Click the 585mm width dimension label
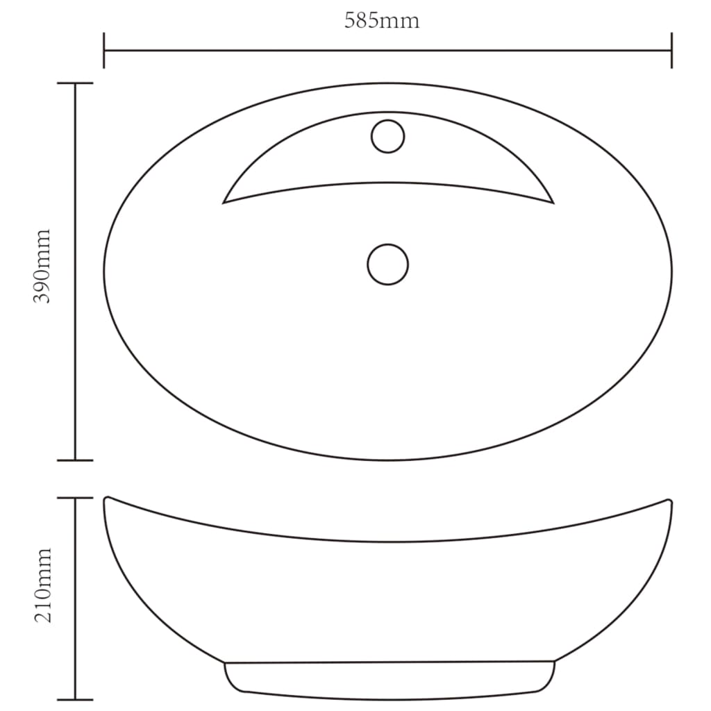[x=382, y=21]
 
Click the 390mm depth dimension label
[x=43, y=267]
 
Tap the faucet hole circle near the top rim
[x=387, y=136]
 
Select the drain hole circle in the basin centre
[x=387, y=264]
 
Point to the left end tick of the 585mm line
[x=104, y=50]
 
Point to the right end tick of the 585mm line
[x=671, y=50]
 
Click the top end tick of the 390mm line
[x=75, y=83]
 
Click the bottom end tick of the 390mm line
[x=75, y=460]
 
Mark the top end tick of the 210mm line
[x=75, y=498]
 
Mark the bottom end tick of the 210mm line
[x=75, y=699]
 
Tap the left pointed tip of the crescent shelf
[x=223, y=203]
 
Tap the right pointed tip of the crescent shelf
[x=553, y=203]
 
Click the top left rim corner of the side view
[x=106, y=499]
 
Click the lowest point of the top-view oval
[x=387, y=460]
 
